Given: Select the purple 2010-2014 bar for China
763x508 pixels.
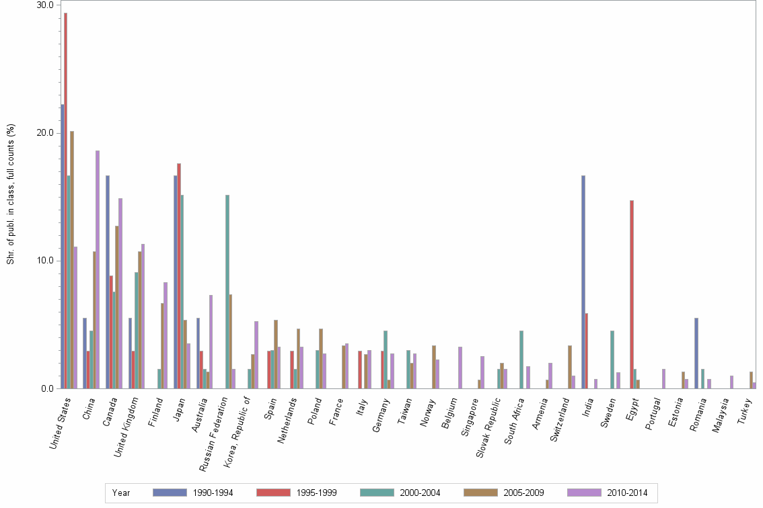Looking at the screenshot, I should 98,269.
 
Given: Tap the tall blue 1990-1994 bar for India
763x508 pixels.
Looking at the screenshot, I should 583,282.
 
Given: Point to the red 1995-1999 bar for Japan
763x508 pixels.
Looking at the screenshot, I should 179,276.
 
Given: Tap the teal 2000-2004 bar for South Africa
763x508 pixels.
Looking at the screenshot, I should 521,359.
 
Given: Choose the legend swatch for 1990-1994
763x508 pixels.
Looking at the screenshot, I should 170,493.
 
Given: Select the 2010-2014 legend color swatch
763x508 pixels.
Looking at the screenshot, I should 584,493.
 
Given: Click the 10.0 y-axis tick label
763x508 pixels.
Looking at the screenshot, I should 45,261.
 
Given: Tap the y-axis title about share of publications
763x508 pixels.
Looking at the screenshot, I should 11,195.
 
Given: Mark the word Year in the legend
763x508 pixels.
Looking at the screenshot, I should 122,493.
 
